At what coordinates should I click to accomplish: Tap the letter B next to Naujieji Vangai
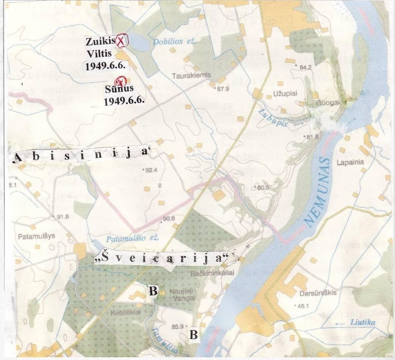point(153,291)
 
